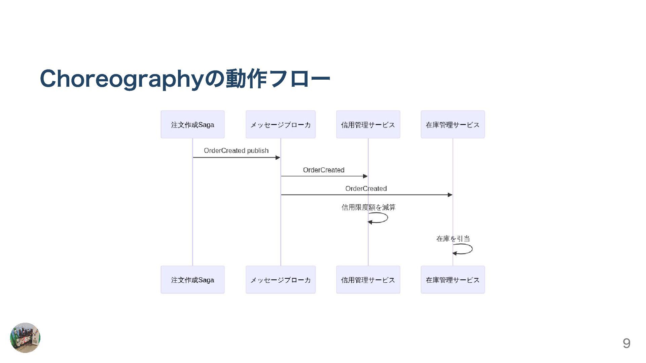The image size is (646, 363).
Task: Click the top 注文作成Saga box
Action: (192, 124)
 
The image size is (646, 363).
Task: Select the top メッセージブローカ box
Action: (281, 124)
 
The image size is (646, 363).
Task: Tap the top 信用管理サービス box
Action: (368, 124)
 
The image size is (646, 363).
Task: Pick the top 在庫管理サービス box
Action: (453, 124)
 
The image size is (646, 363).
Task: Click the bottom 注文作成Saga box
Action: (192, 280)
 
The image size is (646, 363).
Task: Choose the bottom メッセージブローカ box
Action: (281, 280)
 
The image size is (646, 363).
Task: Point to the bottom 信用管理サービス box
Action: (368, 280)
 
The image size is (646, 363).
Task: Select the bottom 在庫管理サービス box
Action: (453, 280)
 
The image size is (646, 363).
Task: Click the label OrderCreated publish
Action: (236, 151)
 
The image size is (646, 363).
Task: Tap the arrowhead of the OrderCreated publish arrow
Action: (278, 158)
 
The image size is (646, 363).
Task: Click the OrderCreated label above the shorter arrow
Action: (324, 170)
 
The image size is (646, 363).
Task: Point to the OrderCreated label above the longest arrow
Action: (366, 189)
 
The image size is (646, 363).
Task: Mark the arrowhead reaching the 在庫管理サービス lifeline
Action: (450, 195)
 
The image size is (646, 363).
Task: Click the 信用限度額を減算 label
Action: (368, 207)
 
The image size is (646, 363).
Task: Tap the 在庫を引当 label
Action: (453, 239)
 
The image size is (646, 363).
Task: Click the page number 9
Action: (626, 343)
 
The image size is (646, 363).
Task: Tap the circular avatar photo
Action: (25, 337)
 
